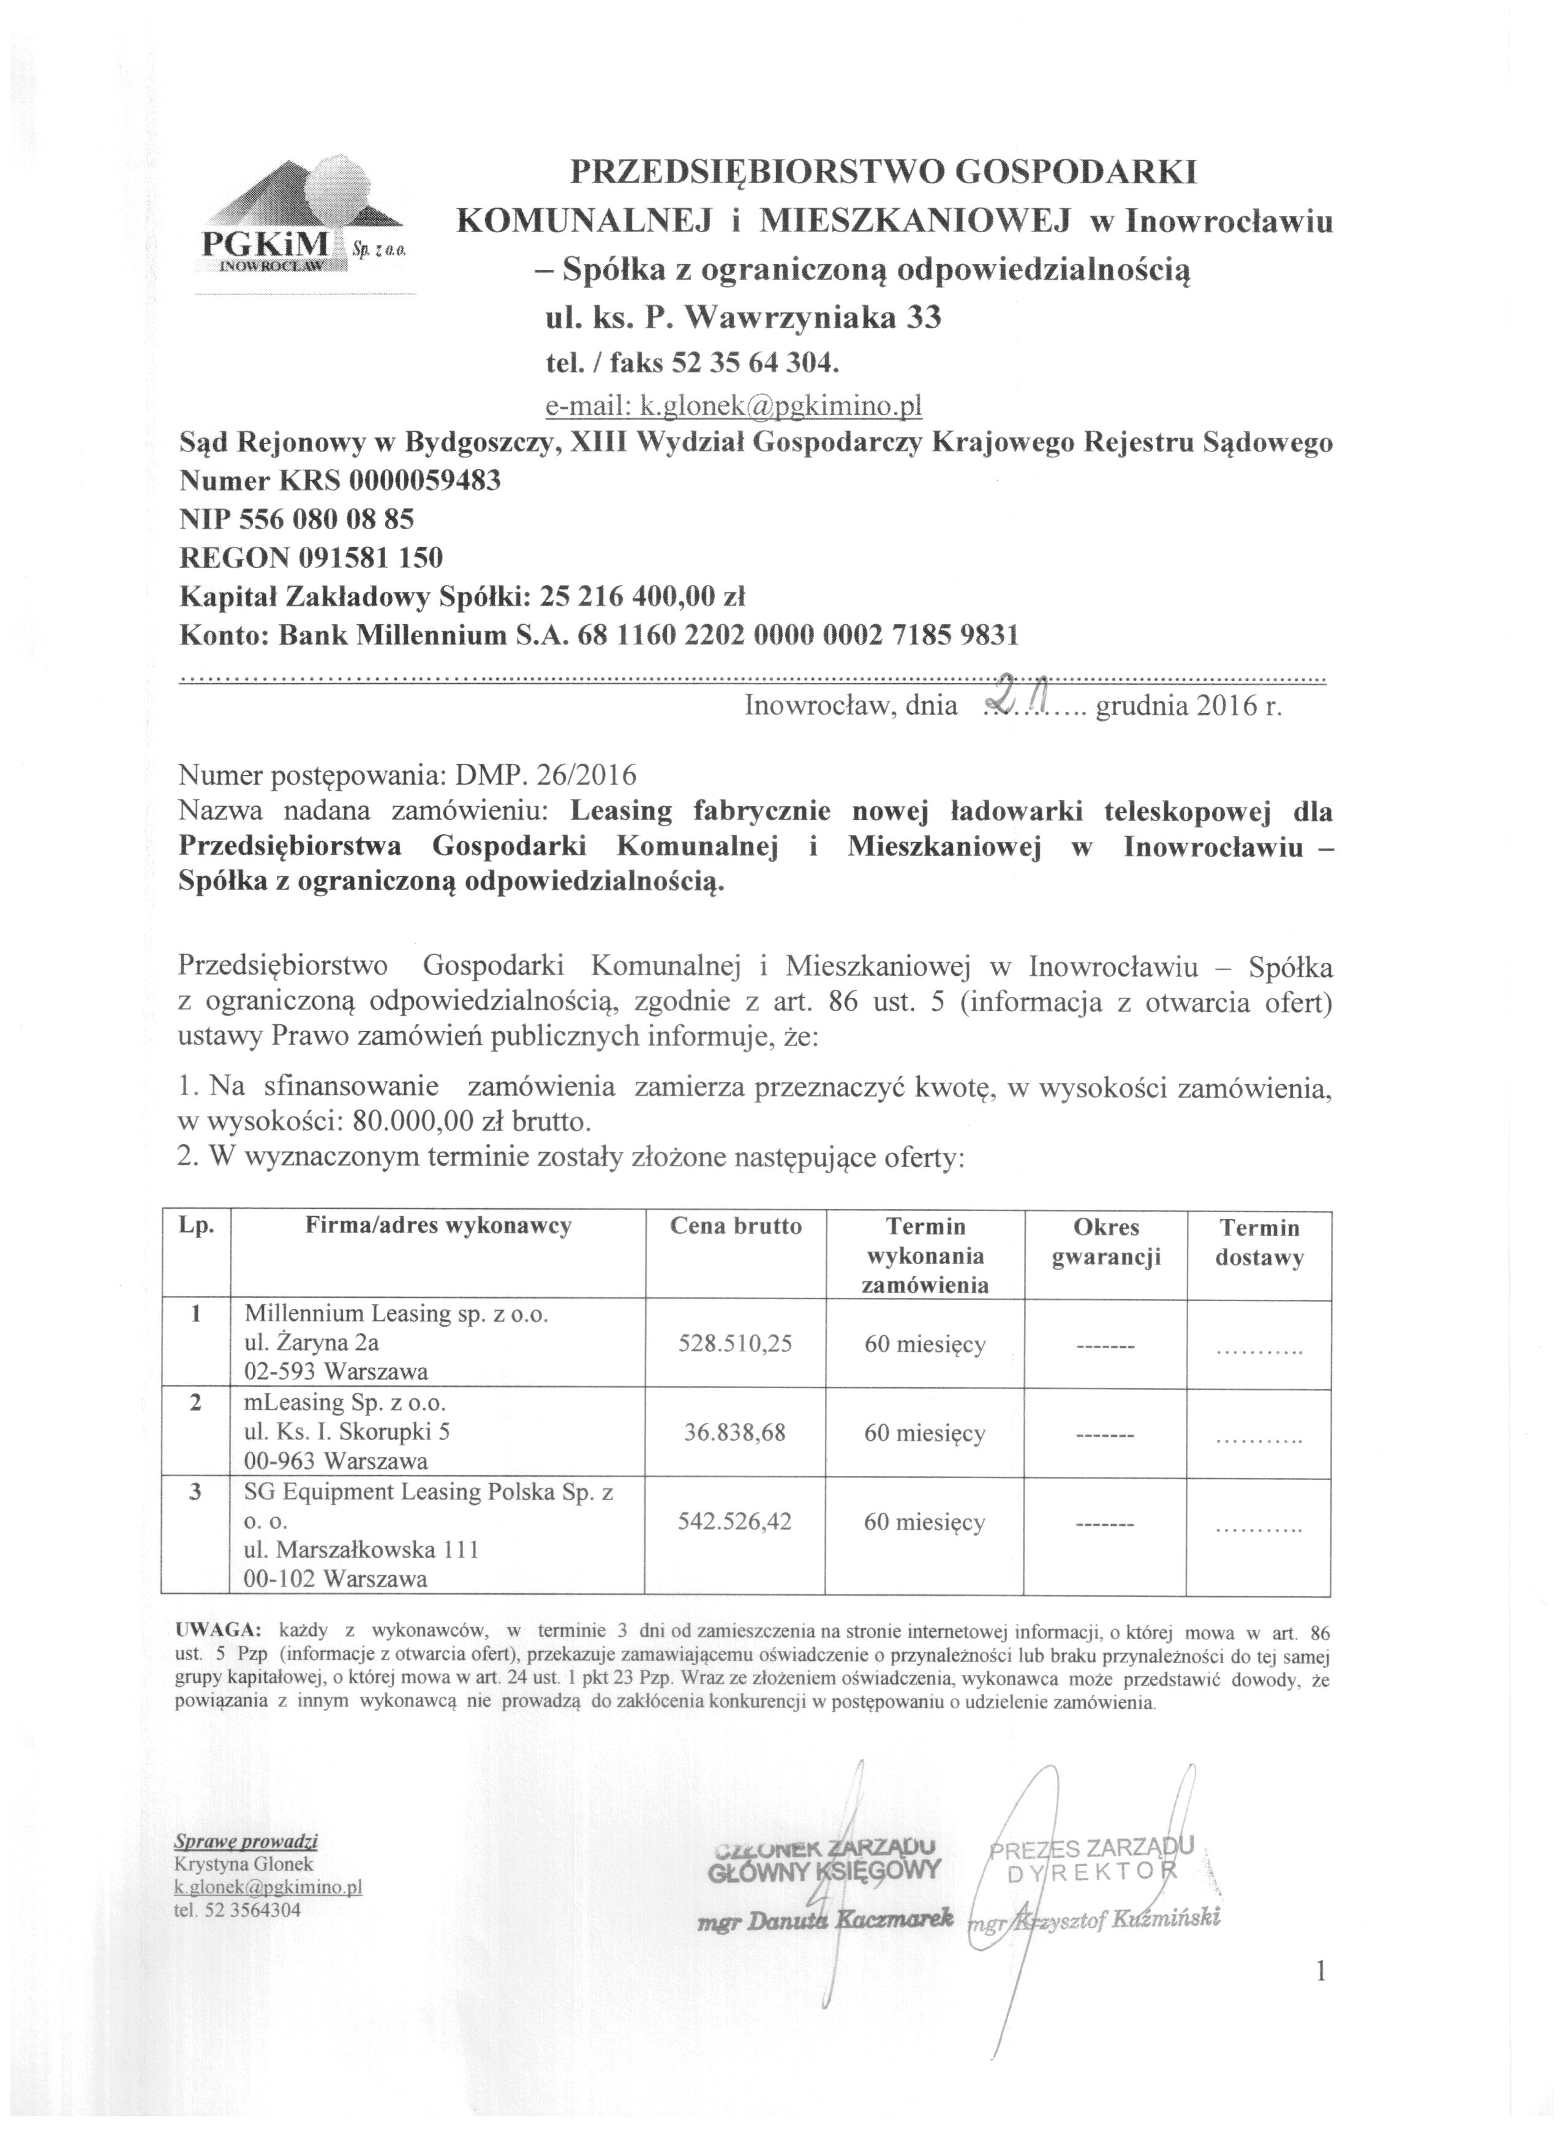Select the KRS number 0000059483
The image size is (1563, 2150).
(424, 481)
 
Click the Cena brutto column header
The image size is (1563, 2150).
(736, 1227)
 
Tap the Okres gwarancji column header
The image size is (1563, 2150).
(1106, 1242)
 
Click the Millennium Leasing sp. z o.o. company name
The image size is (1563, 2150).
(396, 1314)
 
